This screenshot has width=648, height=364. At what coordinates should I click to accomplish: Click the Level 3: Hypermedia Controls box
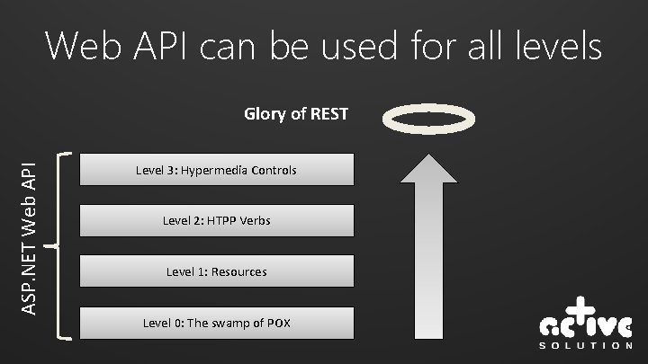(216, 169)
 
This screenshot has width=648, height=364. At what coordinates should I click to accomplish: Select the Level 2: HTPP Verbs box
(216, 220)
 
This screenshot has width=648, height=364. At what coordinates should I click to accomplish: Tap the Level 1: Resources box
(216, 271)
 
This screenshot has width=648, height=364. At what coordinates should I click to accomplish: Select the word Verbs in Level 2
(252, 220)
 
